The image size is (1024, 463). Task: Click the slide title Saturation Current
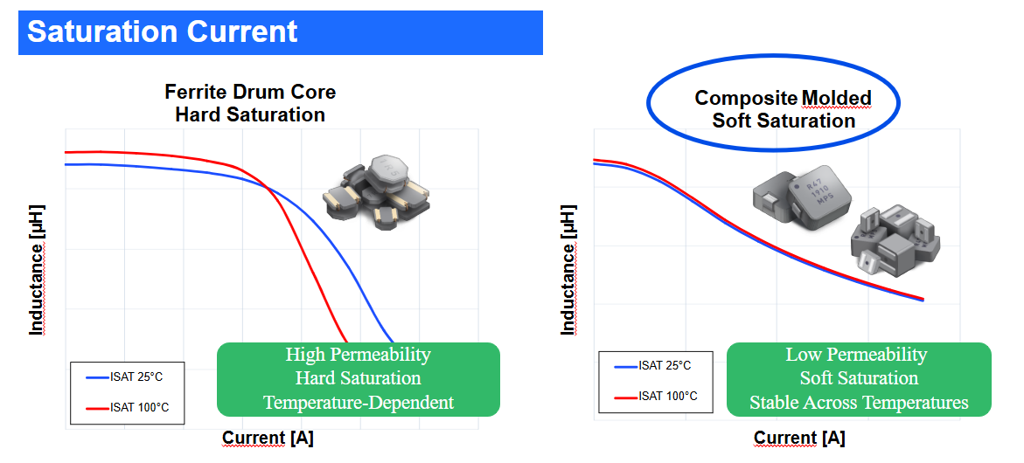tap(162, 31)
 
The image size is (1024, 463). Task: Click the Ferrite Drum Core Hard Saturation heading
tap(250, 103)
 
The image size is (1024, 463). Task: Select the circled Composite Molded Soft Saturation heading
tap(783, 109)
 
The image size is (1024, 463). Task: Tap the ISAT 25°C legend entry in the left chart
tap(128, 377)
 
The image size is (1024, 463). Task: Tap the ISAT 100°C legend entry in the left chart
tap(128, 408)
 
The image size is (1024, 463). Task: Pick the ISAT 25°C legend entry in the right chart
tap(653, 366)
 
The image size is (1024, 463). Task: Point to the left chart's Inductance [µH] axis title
tap(37, 269)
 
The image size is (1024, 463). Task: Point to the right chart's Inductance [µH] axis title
tap(568, 270)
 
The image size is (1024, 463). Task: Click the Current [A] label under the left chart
tap(268, 439)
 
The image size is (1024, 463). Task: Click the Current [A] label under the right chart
tap(799, 438)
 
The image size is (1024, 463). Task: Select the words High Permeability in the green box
tap(358, 354)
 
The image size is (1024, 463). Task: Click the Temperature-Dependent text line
tap(359, 403)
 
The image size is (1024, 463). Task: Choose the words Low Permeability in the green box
tap(856, 354)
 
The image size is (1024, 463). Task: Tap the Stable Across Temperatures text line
tap(859, 403)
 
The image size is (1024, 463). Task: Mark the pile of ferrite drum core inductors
tap(377, 191)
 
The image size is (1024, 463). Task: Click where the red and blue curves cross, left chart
tap(268, 188)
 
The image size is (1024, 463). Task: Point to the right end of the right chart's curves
tap(923, 300)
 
